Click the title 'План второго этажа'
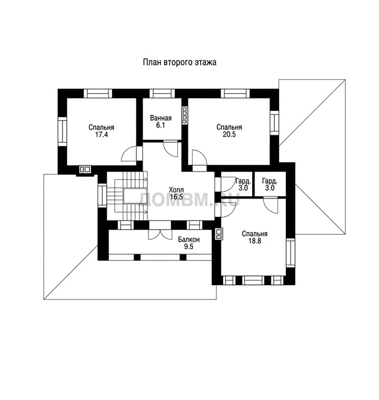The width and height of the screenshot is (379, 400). tap(179, 62)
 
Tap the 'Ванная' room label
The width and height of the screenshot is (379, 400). tap(161, 118)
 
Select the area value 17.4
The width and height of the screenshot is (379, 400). tap(101, 134)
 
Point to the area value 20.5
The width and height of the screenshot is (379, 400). tap(229, 134)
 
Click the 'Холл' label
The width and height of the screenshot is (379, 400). tap(176, 190)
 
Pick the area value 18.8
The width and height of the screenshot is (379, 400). tap(255, 241)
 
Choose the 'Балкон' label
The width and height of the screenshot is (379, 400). tap(188, 239)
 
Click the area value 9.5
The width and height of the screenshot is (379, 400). tap(188, 246)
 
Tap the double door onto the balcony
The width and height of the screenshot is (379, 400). tap(160, 234)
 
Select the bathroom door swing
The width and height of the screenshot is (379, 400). tap(171, 148)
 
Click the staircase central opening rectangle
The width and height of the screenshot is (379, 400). tap(135, 196)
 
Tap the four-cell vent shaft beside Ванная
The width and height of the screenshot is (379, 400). tap(185, 115)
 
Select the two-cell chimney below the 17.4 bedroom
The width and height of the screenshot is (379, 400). tap(85, 169)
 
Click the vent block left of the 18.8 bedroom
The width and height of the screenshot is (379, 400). tap(219, 234)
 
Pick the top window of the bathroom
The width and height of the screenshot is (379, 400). tap(162, 93)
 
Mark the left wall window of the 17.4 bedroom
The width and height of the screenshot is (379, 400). tap(62, 132)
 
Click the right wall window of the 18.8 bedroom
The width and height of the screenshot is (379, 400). tap(290, 253)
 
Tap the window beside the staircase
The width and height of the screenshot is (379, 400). tap(102, 195)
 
